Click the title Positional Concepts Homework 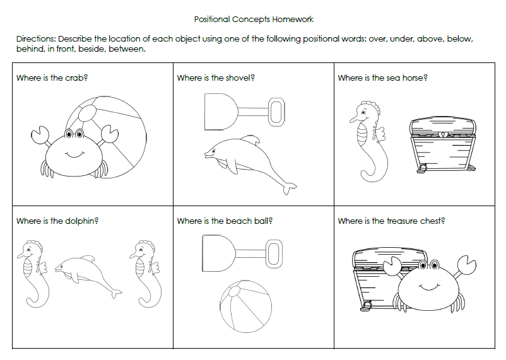(254, 20)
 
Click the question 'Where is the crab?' (51, 78)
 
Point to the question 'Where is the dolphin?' (57, 221)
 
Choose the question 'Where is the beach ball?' (224, 221)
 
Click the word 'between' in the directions (127, 49)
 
